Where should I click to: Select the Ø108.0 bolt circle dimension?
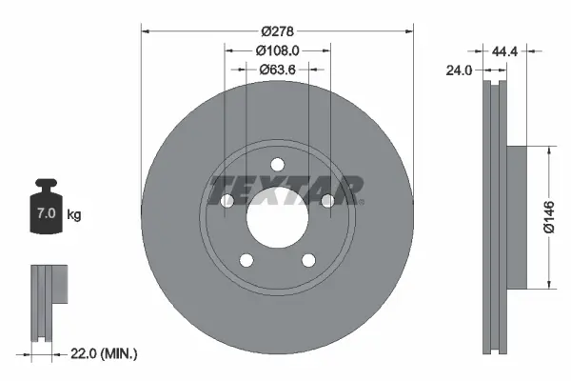tap(278, 50)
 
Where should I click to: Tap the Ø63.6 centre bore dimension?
tap(278, 69)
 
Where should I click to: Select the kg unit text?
tap(74, 216)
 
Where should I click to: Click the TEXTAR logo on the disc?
tap(285, 189)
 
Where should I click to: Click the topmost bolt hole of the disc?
tap(277, 162)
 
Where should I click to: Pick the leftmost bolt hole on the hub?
tap(227, 201)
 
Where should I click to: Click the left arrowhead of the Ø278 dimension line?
tap(146, 30)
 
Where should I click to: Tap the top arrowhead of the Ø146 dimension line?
tap(548, 150)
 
